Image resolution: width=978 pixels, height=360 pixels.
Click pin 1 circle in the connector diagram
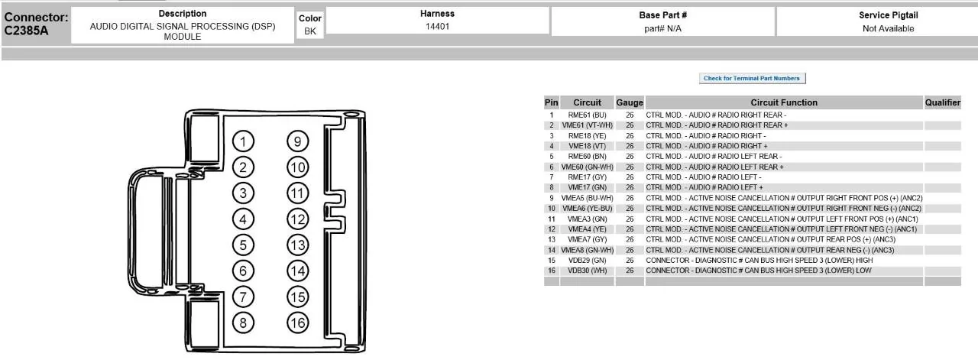243,141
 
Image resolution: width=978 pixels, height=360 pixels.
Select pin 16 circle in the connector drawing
298,323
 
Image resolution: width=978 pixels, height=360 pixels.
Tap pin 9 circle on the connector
298,141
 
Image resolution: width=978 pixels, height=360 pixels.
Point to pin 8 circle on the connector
243,323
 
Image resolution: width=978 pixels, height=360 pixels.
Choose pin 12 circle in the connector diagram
298,219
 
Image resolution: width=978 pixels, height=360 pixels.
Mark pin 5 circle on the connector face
243,245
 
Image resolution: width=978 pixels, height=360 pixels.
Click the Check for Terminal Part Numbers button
752,78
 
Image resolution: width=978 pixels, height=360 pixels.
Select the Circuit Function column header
784,102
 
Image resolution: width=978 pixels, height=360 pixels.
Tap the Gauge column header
630,102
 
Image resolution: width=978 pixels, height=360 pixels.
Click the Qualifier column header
943,102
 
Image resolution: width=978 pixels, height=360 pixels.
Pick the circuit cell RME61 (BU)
587,115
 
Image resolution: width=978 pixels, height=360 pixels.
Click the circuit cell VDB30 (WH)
587,271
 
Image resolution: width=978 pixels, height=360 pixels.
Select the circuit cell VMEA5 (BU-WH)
587,198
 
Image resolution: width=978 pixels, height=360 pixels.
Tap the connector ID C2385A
26,31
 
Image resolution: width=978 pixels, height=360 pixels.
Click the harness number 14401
437,26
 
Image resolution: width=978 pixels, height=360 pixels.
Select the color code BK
310,31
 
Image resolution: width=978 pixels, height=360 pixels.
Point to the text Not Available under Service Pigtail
888,28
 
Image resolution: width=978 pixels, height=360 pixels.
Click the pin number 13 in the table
552,239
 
